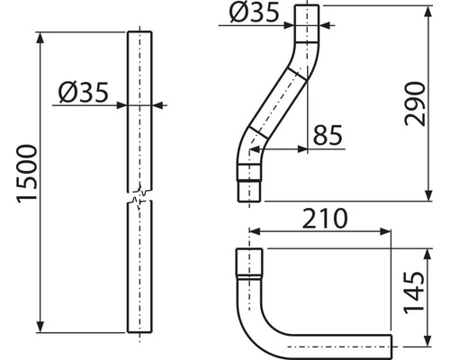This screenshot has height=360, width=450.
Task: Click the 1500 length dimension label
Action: point(27,175)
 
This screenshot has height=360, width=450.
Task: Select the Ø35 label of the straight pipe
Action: point(83,93)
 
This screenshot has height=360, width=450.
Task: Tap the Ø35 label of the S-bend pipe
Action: point(254,13)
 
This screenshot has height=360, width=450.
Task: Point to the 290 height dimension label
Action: point(415,103)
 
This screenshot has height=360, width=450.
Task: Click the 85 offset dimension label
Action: point(328,135)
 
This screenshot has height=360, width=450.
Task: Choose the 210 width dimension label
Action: point(325,219)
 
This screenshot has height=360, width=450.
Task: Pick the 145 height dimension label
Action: point(415,292)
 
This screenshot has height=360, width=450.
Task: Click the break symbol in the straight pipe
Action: point(139,196)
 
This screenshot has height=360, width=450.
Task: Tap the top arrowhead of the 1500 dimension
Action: point(40,37)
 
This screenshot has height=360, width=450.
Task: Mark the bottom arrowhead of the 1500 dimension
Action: point(40,327)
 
